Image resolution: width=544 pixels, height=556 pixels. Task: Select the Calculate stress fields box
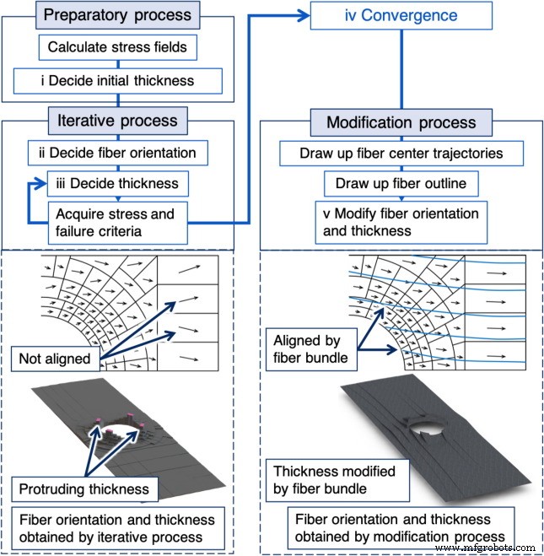pos(116,48)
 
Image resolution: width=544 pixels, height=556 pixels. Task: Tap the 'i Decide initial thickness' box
pos(117,81)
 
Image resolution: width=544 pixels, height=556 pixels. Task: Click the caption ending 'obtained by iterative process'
pos(116,528)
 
